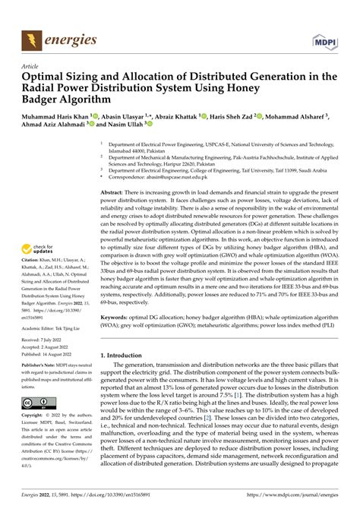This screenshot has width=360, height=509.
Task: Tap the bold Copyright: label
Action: [36, 417]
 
